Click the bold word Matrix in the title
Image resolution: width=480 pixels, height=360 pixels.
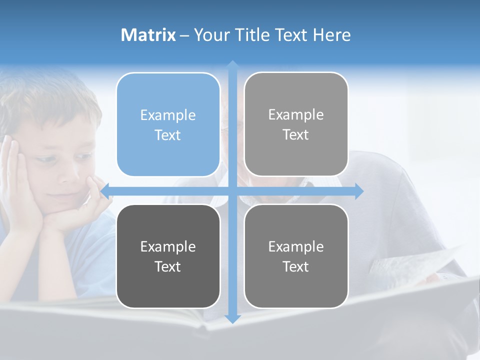click(148, 35)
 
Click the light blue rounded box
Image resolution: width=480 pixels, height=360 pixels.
click(168, 124)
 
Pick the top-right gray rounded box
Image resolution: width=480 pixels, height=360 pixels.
click(296, 124)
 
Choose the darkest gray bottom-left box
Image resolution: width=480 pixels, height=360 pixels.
click(168, 256)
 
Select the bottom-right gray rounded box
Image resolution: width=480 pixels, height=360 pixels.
click(296, 256)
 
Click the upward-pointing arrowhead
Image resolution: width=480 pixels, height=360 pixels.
click(232, 65)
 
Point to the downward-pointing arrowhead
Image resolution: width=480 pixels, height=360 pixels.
click(232, 318)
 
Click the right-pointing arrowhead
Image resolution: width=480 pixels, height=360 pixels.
click(358, 191)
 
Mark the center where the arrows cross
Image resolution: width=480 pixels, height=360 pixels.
click(232, 191)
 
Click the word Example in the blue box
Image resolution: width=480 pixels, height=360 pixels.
click(168, 115)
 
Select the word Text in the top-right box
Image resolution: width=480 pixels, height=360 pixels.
click(296, 134)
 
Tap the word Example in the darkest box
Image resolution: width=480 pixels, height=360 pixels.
click(168, 246)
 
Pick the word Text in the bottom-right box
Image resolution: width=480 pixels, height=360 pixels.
click(296, 266)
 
